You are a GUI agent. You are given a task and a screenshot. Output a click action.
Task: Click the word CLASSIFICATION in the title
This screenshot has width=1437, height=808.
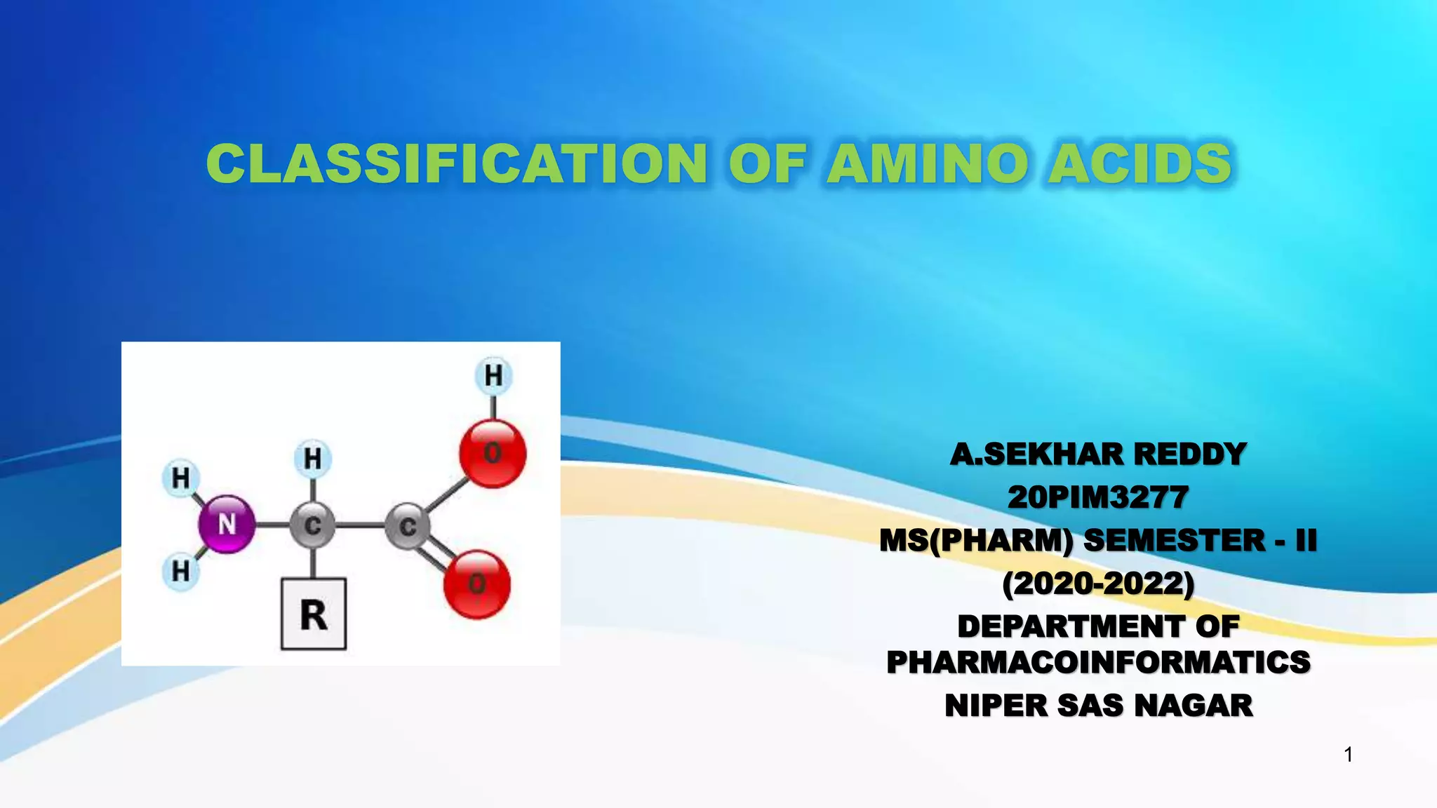coord(456,163)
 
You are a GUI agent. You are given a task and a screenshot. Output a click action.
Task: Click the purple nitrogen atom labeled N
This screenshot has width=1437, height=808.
coord(227,524)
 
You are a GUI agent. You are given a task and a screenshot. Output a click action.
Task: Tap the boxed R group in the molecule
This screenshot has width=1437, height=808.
coord(314,614)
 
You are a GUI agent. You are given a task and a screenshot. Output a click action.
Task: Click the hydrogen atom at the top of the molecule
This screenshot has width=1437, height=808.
coord(493,375)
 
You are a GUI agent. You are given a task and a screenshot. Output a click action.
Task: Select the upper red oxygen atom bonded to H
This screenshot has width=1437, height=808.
coord(493,453)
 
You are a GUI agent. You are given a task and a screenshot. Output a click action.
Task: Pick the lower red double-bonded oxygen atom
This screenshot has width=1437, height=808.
coord(477,584)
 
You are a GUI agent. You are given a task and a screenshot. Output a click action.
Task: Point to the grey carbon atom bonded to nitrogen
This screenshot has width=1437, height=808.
coord(313,525)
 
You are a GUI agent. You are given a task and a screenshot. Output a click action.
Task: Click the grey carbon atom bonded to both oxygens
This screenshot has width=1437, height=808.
coord(408,526)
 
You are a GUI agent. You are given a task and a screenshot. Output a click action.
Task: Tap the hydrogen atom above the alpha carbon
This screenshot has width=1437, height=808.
coord(313,459)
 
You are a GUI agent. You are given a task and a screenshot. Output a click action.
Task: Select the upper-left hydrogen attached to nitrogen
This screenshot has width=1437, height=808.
coord(181,478)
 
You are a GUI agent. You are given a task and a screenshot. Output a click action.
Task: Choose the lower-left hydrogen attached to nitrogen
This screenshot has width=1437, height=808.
coord(181,571)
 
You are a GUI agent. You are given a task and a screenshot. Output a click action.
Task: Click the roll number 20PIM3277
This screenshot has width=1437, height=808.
coord(1098,497)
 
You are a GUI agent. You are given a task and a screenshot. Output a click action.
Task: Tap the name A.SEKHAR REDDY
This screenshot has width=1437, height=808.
coord(1098,454)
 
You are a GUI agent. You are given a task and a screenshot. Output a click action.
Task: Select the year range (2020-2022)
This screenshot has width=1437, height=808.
coord(1098,584)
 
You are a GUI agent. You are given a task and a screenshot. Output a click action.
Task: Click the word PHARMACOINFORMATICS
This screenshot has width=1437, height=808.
coord(1098,662)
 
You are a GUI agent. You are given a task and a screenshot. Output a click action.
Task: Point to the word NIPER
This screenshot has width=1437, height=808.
coord(995,706)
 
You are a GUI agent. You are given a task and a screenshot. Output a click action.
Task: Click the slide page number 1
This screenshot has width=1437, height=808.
coord(1348,755)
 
